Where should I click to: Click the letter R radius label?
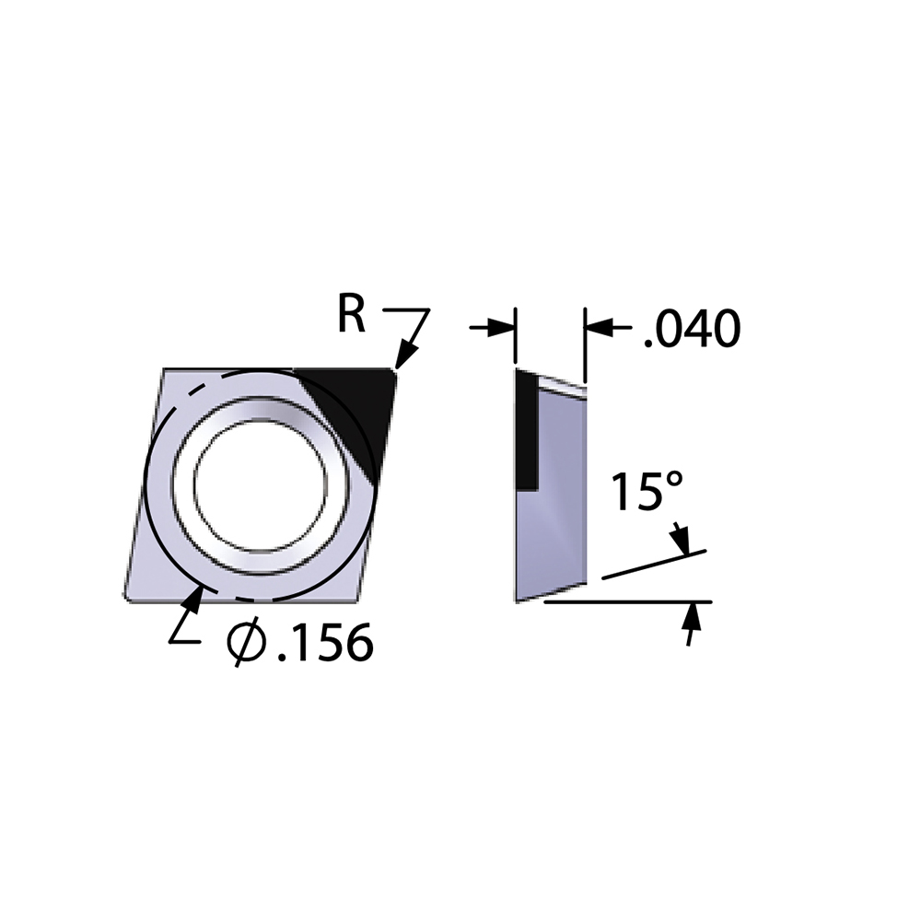tap(351, 315)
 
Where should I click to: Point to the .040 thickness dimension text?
tap(691, 329)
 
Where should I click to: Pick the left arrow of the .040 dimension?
tap(502, 327)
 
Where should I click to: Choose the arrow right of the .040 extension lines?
tap(597, 327)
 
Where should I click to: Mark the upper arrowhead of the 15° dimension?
tap(684, 544)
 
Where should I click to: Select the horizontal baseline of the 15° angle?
tap(626, 602)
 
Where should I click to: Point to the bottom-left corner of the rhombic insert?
tap(125, 598)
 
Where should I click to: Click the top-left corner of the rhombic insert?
tap(164, 370)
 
